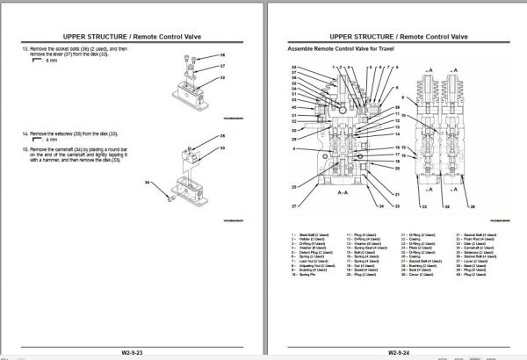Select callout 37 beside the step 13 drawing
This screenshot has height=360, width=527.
pyautogui.click(x=223, y=65)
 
